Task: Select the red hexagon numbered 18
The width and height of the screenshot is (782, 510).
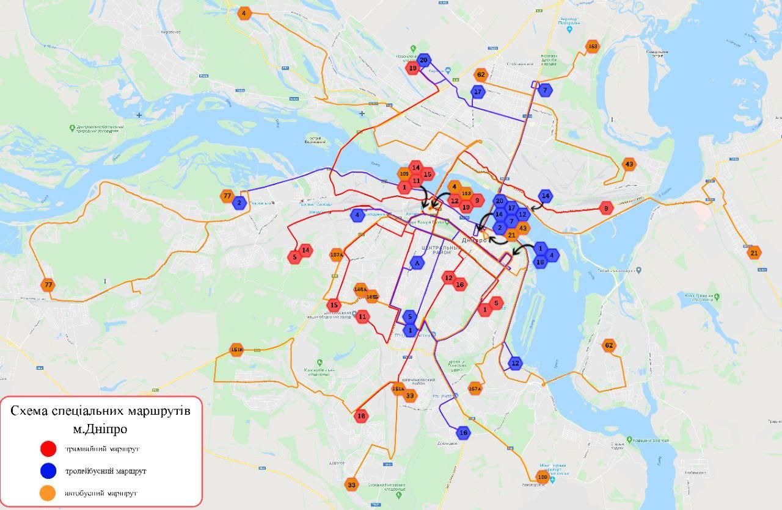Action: (361, 416)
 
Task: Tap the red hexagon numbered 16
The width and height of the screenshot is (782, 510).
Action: (460, 284)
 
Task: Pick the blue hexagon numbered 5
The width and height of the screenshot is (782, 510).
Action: (410, 317)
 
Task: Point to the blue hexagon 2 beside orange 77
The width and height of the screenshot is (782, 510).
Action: (239, 203)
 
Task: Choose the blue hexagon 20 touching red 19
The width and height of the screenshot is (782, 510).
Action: (423, 60)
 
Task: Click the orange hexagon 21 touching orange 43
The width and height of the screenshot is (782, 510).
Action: (512, 235)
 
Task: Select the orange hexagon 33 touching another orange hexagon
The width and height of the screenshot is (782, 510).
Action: (410, 397)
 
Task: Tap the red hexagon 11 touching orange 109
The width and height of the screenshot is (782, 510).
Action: (415, 181)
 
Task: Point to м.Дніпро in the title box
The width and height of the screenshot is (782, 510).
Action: (100, 429)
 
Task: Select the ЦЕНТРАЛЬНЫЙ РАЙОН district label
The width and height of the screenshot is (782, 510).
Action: (440, 250)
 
